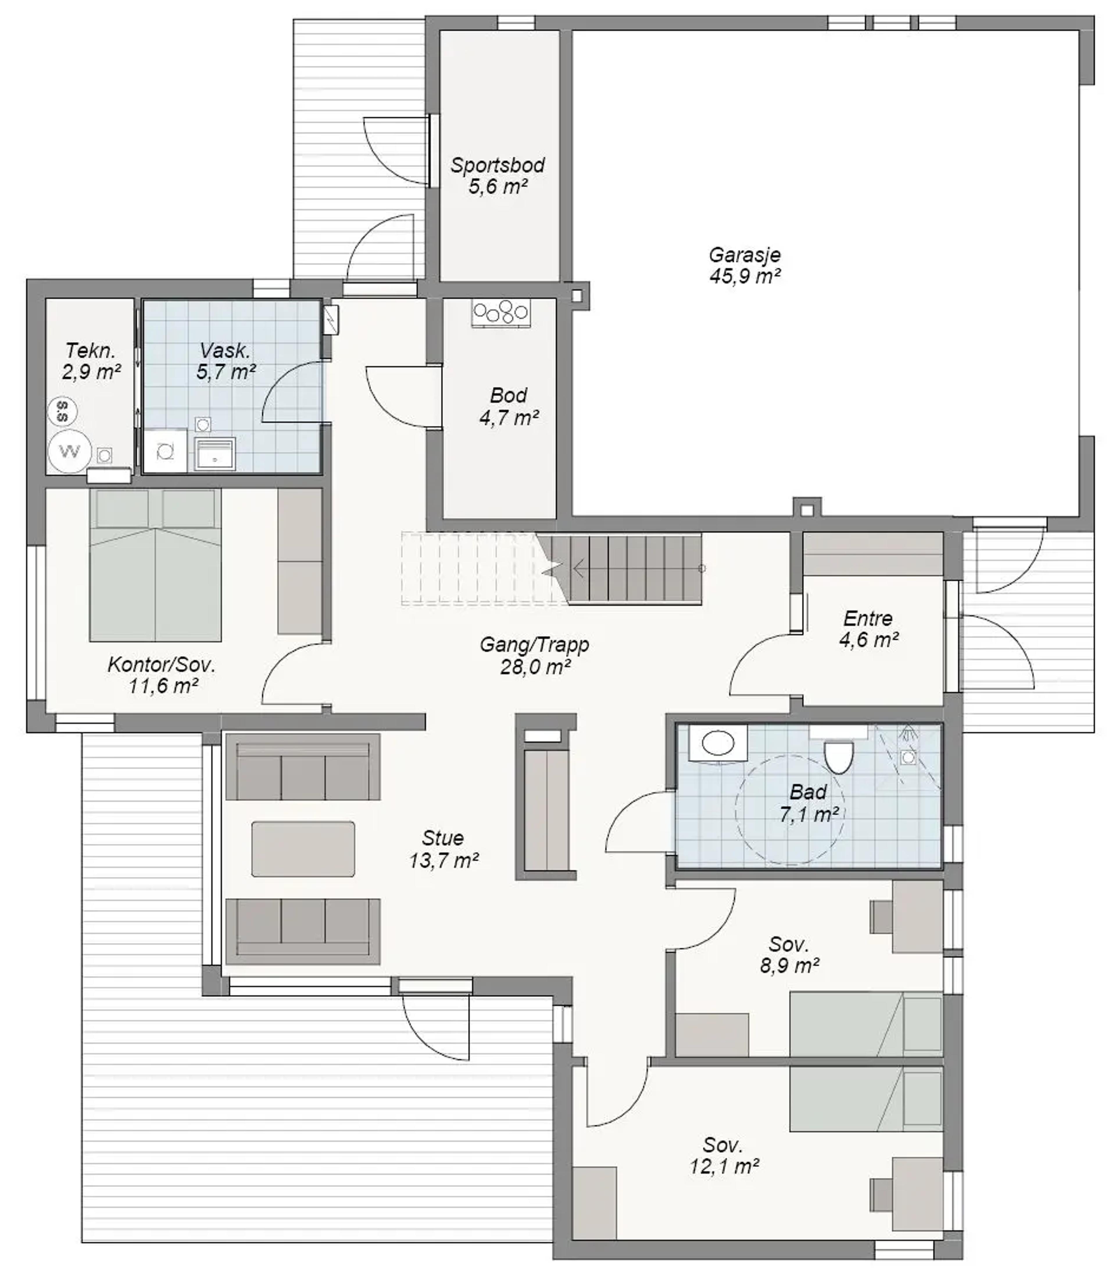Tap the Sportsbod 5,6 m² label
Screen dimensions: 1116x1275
498,175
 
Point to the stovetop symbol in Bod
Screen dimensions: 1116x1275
501,314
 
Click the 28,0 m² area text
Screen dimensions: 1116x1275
535,667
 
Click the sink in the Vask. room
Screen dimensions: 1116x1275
215,453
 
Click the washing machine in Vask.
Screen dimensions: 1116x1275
165,450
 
